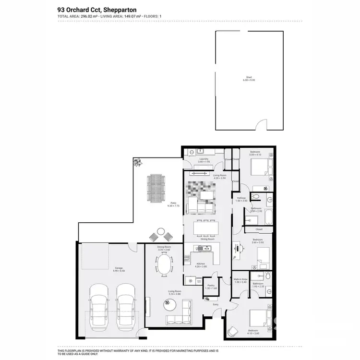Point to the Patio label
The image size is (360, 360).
pos(172,203)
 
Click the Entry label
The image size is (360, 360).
pos(215,304)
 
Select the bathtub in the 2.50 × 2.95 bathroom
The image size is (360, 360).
pos(268,218)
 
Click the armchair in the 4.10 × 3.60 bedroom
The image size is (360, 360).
pos(233,331)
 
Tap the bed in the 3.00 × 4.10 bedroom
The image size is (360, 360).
pos(259,169)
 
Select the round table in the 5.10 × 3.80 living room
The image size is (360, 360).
pos(168,302)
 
